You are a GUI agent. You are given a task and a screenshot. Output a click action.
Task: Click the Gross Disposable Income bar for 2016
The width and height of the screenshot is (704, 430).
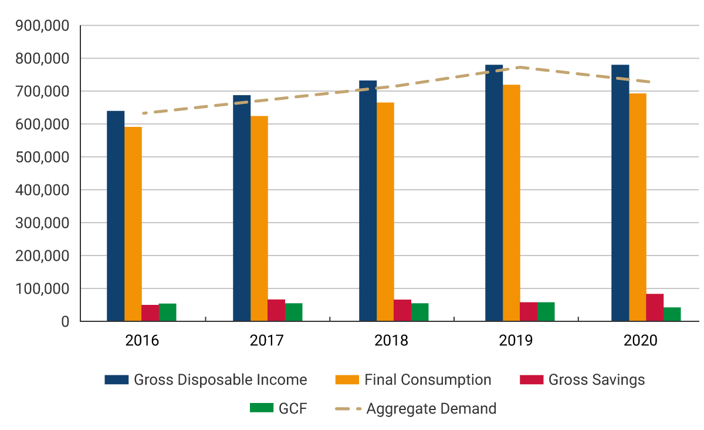pyautogui.click(x=116, y=216)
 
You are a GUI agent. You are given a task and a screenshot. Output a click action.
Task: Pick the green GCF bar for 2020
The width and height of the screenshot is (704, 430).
pyautogui.click(x=672, y=314)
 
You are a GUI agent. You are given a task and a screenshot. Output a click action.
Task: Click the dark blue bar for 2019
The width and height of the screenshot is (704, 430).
pyautogui.click(x=494, y=193)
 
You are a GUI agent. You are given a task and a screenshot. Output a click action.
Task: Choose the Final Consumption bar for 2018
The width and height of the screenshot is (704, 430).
pyautogui.click(x=385, y=212)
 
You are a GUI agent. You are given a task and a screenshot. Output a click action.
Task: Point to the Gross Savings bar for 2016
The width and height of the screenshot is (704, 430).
pyautogui.click(x=150, y=313)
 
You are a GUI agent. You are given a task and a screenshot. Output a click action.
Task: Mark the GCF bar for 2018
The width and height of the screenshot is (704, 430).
pyautogui.click(x=420, y=313)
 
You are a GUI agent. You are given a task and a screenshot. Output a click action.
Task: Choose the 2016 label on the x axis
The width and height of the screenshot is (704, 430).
pyautogui.click(x=142, y=341)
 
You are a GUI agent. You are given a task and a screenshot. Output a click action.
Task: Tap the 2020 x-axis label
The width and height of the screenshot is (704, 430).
pyautogui.click(x=641, y=341)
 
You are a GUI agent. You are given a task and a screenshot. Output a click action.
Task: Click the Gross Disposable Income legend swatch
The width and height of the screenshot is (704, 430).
pyautogui.click(x=116, y=380)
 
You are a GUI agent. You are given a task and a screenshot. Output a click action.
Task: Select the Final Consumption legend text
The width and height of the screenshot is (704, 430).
pyautogui.click(x=428, y=380)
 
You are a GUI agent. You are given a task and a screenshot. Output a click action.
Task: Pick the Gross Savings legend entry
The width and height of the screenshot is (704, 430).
pyautogui.click(x=596, y=380)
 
